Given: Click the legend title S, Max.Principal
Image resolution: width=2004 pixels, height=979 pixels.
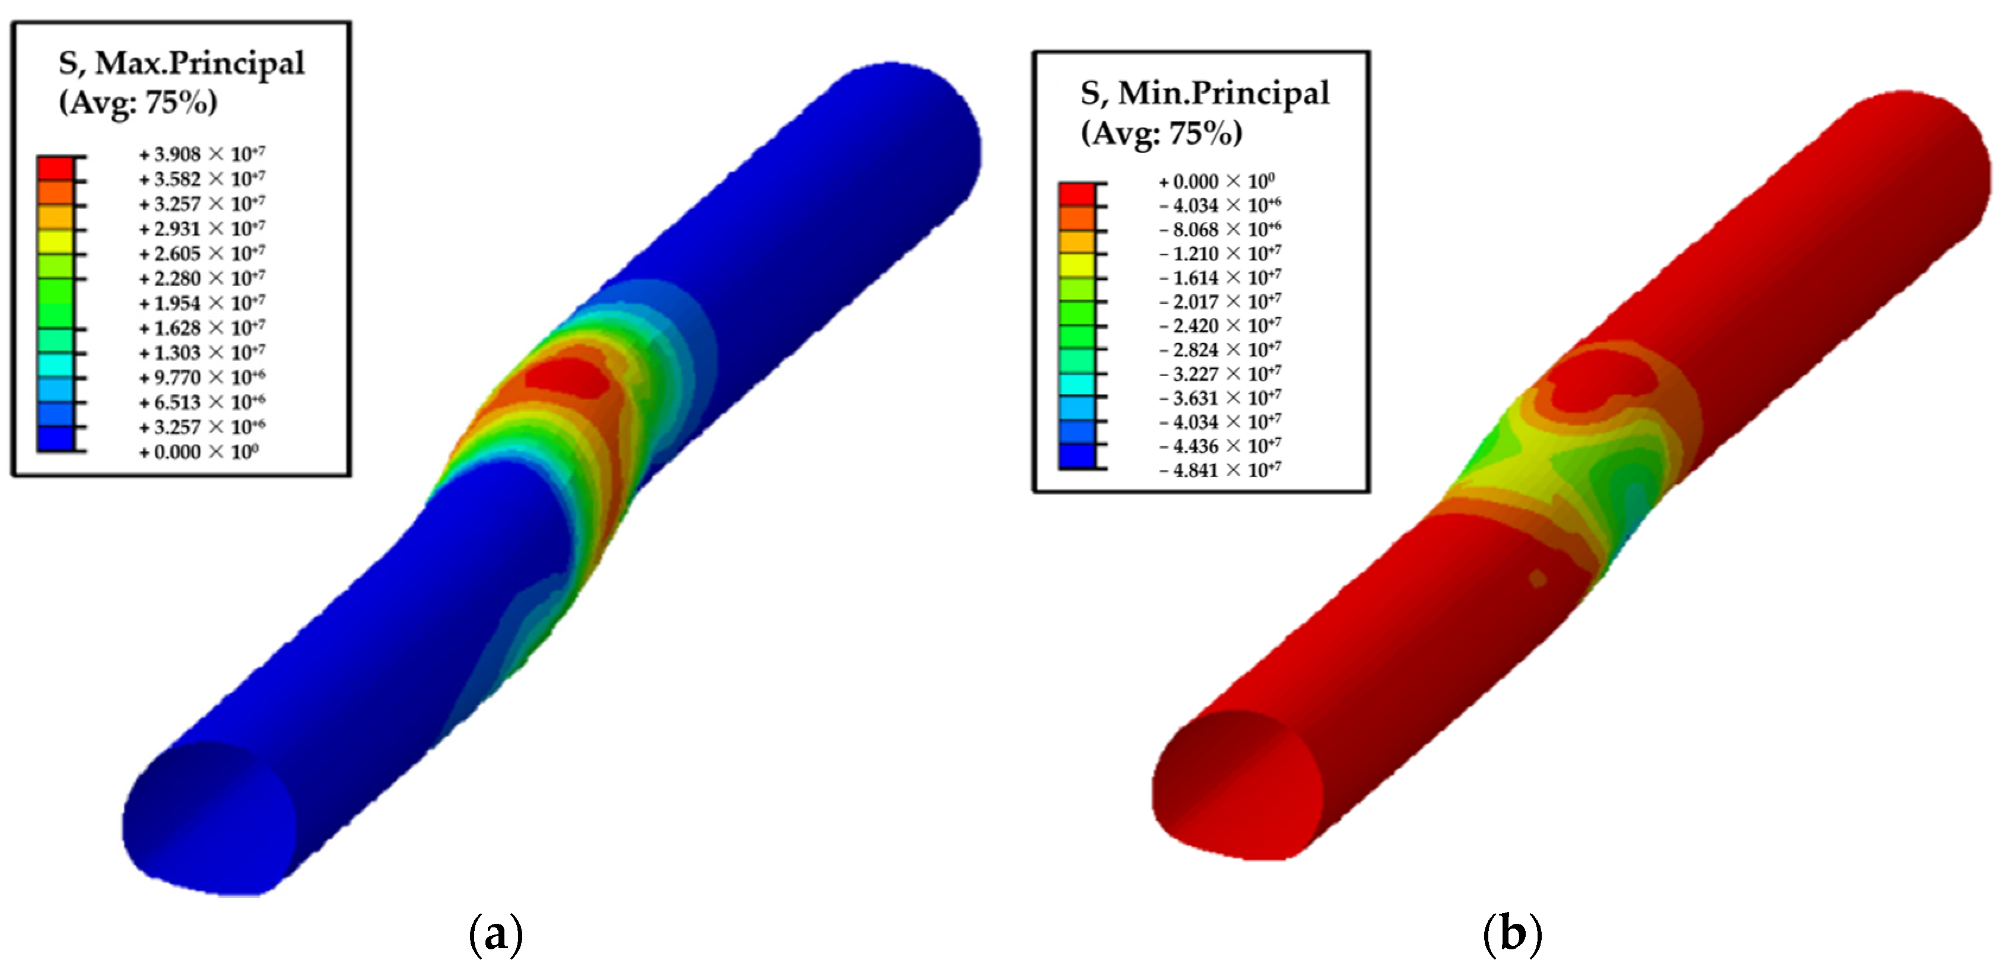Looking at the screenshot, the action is click(x=181, y=63).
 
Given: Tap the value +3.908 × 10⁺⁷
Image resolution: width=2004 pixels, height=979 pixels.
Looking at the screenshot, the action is click(x=202, y=154).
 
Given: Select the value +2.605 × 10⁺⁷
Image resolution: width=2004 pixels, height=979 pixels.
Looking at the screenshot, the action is click(x=202, y=253).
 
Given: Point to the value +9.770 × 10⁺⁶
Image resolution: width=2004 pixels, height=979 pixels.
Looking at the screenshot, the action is click(x=202, y=377).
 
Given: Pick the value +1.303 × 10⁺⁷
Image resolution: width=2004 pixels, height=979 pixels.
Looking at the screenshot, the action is click(x=202, y=352).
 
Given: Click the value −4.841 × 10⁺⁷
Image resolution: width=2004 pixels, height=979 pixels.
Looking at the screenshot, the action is click(x=1220, y=470).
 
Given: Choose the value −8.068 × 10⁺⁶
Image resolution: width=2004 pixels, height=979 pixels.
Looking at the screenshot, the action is click(x=1220, y=230).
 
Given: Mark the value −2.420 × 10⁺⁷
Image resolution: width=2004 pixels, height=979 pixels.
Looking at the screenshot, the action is click(x=1220, y=325).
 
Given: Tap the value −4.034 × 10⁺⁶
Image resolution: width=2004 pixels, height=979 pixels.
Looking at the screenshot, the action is click(x=1220, y=205).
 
